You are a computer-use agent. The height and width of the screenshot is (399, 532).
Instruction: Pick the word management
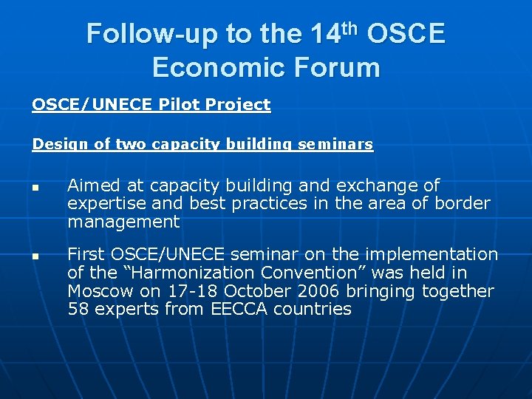(123, 222)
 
